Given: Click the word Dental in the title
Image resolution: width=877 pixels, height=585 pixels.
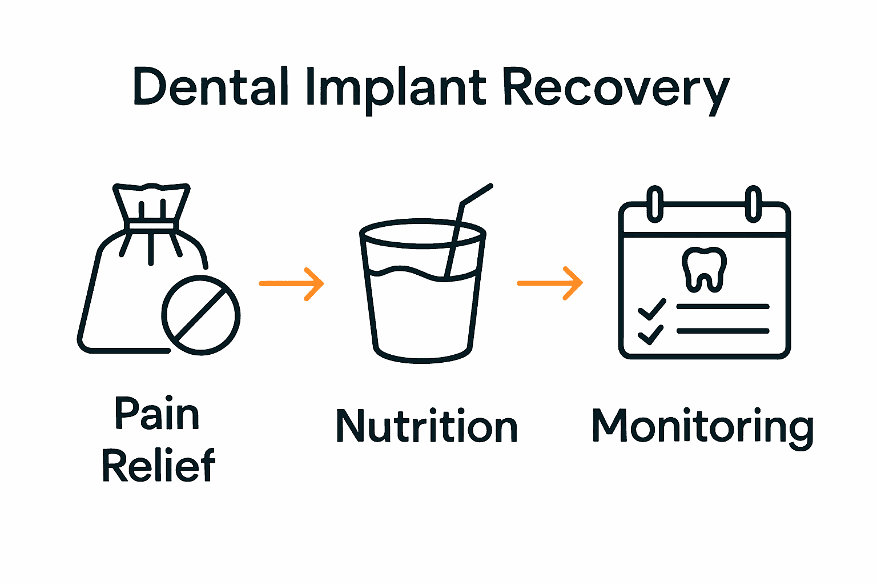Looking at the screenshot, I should click(210, 87).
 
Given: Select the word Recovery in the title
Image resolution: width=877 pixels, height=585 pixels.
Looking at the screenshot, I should click(615, 89).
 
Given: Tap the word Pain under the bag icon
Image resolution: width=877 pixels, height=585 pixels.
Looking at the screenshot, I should click(157, 414).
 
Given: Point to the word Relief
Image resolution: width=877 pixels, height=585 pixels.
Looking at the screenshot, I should click(158, 465).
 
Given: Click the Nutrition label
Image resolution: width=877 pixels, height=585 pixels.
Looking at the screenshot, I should click(427, 426).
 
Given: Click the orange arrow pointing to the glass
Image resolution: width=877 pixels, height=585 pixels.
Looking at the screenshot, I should click(292, 283).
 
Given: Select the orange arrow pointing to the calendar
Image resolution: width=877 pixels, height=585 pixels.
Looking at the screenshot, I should click(550, 283).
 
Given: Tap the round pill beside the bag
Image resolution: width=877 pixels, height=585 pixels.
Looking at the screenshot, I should click(200, 315).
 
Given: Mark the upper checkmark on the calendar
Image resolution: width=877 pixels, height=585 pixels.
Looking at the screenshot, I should click(651, 308).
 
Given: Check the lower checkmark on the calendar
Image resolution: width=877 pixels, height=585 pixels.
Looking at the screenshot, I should click(651, 334).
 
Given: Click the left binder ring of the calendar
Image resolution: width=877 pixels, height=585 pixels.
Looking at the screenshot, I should click(655, 203).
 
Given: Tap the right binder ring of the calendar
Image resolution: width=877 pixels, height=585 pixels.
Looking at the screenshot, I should click(754, 203).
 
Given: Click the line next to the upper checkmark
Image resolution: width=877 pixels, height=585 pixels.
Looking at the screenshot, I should click(722, 307).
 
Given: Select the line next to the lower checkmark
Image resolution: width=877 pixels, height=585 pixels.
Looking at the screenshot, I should click(722, 331).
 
